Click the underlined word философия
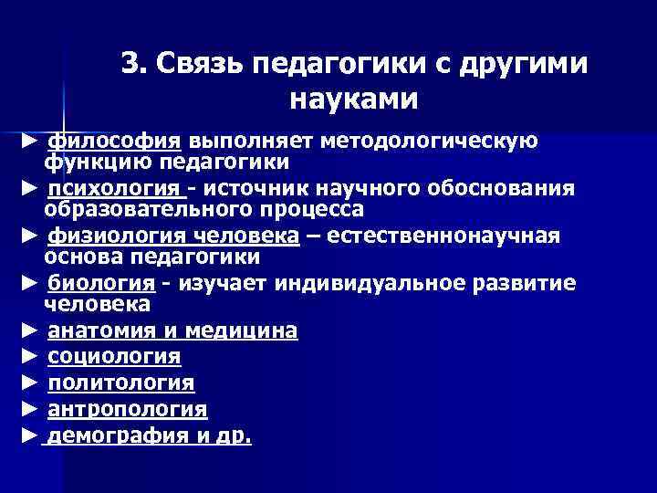click(x=114, y=142)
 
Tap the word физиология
click(x=101, y=236)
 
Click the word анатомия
click(x=100, y=330)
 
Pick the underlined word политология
click(x=120, y=383)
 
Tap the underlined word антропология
click(x=127, y=409)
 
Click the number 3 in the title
click(x=131, y=66)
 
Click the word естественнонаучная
click(x=443, y=236)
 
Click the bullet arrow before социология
click(x=29, y=356)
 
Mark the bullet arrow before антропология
click(x=29, y=409)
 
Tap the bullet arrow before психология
click(x=29, y=189)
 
